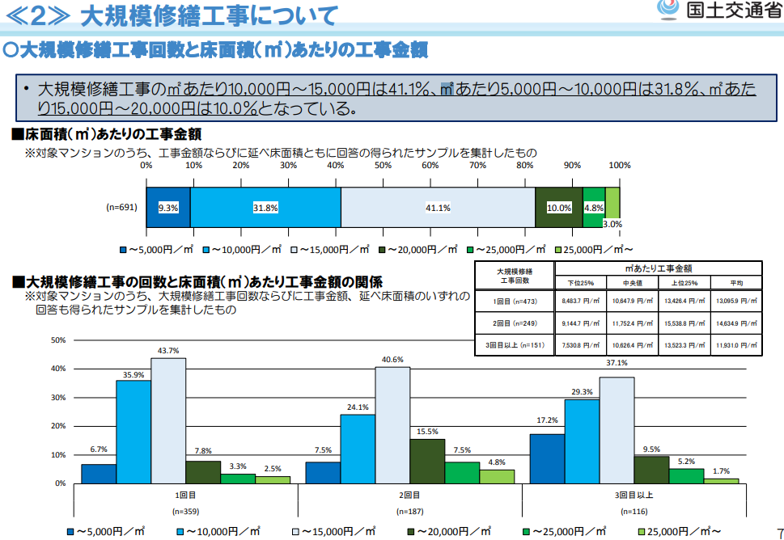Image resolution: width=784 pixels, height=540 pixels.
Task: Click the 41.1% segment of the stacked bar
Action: coord(438,208)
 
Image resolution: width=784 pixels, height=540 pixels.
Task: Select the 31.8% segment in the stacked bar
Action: coord(265,208)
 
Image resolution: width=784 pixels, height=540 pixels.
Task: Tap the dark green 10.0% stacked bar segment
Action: coord(559,208)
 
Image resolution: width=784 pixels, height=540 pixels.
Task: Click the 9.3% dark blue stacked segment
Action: coord(168,208)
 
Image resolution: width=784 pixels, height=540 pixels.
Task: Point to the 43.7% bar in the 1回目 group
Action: coord(168,420)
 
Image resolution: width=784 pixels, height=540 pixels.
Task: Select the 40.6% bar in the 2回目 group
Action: coord(392,424)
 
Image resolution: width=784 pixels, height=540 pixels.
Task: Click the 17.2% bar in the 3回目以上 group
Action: coord(547,458)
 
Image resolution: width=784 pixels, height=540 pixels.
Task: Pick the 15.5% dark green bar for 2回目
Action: coord(427,461)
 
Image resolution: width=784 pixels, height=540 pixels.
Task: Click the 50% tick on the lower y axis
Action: coord(57,340)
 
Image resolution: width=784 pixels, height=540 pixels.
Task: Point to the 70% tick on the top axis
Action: coord(477,165)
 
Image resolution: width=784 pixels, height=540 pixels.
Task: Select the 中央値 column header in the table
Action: coord(633,283)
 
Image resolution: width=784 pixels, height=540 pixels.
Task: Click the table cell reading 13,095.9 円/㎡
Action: coord(735,301)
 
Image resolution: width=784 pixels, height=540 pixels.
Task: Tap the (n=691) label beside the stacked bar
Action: coord(122,208)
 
